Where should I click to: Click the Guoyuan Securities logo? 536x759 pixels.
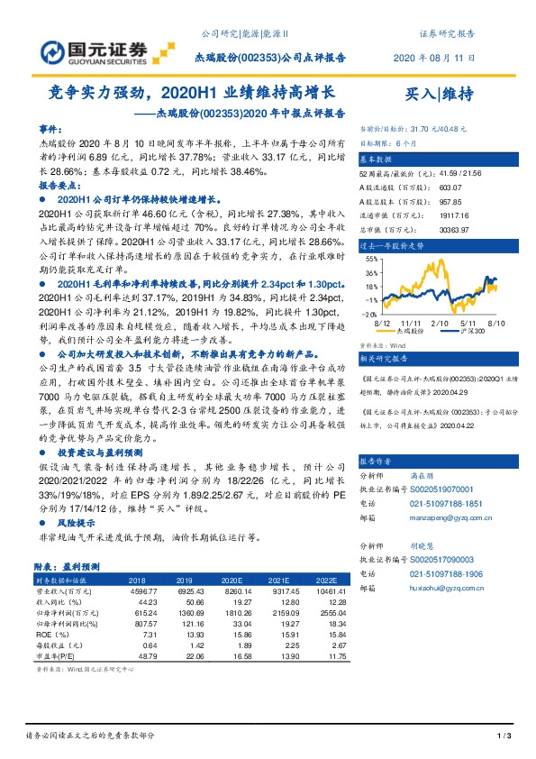pyautogui.click(x=94, y=50)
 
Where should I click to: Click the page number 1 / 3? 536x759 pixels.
pyautogui.click(x=504, y=737)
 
